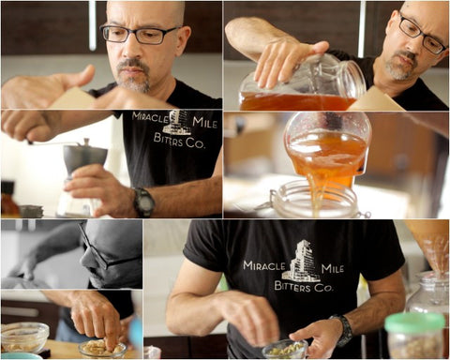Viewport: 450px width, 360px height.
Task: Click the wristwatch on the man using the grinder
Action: pyautogui.click(x=142, y=202)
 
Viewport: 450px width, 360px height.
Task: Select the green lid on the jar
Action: pyautogui.click(x=414, y=323)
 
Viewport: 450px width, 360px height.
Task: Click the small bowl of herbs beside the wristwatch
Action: pyautogui.click(x=283, y=349)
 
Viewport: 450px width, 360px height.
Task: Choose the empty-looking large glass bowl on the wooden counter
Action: pyautogui.click(x=24, y=337)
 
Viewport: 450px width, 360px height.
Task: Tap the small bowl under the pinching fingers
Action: pyautogui.click(x=102, y=350)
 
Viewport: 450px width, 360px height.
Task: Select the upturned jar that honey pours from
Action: pyautogui.click(x=327, y=141)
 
